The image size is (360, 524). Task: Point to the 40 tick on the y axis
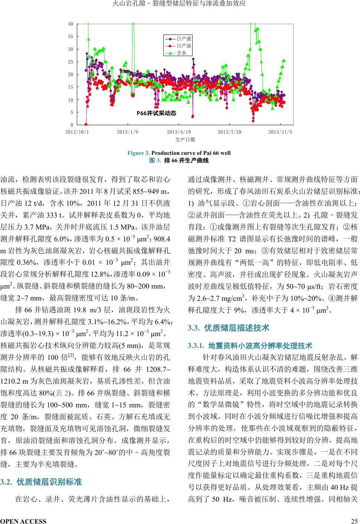[x=71, y=24]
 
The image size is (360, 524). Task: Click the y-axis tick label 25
[x=71, y=62]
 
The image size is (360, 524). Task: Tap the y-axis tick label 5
[x=72, y=112]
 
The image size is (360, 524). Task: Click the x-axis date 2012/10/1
[x=77, y=132]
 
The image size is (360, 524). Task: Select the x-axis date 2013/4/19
[x=179, y=132]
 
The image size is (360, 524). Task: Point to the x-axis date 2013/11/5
[x=280, y=132]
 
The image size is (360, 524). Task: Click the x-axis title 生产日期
[x=185, y=140]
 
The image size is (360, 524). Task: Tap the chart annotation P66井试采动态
[x=156, y=113]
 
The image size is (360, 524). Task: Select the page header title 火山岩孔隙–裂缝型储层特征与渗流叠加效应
[x=180, y=4]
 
